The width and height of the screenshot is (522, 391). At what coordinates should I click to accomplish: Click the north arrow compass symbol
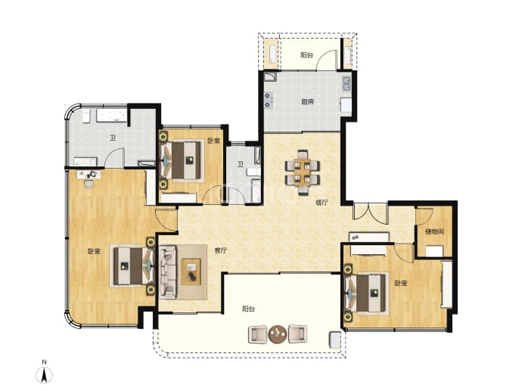[45, 375]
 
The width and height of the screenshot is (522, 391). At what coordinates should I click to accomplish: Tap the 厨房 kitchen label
[308, 102]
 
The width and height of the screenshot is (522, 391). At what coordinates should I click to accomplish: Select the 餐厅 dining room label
[322, 203]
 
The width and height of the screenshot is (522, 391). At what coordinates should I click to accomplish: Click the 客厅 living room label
[220, 250]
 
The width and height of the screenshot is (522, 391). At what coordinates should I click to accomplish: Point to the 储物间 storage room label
[434, 231]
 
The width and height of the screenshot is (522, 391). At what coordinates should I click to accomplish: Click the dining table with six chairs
[303, 172]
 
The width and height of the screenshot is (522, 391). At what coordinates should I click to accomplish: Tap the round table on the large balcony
[278, 334]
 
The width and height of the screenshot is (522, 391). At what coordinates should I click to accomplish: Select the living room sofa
[168, 272]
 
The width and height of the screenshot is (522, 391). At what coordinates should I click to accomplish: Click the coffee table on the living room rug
[191, 272]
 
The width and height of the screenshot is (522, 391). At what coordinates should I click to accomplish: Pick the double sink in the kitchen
[346, 83]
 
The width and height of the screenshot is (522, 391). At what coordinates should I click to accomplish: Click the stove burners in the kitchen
[269, 100]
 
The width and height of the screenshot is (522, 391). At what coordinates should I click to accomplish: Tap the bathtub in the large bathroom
[111, 116]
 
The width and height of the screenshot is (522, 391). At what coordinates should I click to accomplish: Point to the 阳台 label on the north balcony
[306, 55]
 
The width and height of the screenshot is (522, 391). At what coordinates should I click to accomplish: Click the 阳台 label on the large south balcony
[248, 309]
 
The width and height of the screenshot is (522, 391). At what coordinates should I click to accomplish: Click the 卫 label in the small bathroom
[240, 163]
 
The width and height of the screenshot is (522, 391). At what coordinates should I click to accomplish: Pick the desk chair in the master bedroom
[89, 184]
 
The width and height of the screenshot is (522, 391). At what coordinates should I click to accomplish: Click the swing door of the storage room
[424, 216]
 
